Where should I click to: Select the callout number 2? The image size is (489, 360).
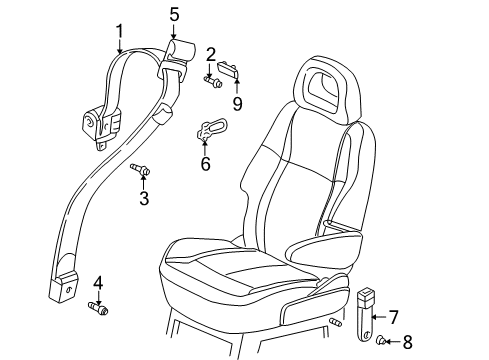212,53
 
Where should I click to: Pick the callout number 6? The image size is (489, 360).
205,162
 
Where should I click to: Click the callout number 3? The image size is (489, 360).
144,199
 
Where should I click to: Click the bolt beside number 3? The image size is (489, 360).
140,177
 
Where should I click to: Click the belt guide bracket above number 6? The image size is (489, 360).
210,127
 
